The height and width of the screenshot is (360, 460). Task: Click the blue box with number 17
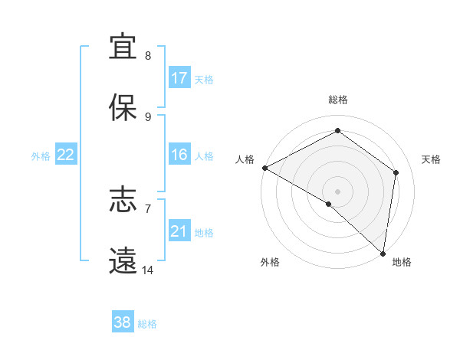tap(179, 78)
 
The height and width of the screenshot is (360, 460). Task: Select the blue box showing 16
tap(179, 155)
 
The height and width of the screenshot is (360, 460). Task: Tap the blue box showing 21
tap(179, 231)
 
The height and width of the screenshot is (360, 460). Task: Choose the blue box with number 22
tap(66, 155)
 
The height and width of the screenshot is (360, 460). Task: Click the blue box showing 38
tap(123, 322)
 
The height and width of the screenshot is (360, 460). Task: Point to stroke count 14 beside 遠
tap(148, 270)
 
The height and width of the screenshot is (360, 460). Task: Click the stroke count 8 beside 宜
tap(148, 55)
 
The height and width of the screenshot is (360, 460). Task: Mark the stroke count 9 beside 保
tap(148, 116)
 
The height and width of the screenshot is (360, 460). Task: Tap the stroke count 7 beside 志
tap(148, 208)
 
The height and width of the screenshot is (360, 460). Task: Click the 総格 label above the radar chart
tap(338, 100)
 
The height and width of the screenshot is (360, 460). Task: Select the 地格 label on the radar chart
tap(402, 262)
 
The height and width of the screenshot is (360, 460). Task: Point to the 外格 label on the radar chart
tap(270, 262)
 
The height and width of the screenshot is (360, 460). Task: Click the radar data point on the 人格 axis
tap(264, 168)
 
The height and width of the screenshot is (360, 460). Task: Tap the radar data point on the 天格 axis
tap(396, 172)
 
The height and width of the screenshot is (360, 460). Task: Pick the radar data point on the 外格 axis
tap(329, 204)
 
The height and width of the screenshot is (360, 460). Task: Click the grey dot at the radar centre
tap(338, 191)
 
